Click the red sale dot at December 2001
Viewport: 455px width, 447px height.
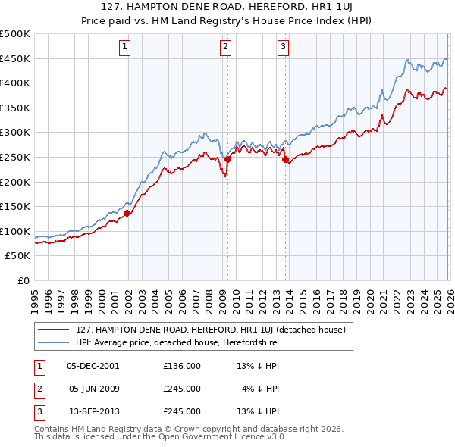pos(127,213)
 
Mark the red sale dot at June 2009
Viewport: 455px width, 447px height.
pos(227,159)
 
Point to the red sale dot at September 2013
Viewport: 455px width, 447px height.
pos(285,159)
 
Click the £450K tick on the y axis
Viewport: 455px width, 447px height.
pos(15,58)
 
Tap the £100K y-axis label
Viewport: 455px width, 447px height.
pos(15,231)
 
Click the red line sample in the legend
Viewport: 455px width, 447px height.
pos(54,330)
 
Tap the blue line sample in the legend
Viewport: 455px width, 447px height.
pos(54,343)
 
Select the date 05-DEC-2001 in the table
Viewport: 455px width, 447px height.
pos(93,365)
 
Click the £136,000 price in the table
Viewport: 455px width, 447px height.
pos(181,365)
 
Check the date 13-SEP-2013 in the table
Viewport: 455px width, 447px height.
pos(93,412)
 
